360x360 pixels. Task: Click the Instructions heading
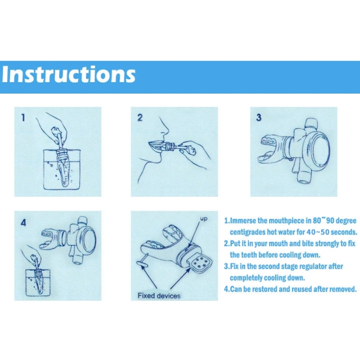point(69,74)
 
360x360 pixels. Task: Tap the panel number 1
point(23,118)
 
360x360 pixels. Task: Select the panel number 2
point(140,118)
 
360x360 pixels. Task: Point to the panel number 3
point(259,118)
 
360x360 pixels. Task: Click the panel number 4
point(24,222)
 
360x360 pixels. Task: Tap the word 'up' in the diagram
point(204,219)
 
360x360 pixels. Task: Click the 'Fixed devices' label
point(159,296)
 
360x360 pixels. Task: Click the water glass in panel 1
point(62,169)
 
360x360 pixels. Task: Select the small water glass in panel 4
point(37,283)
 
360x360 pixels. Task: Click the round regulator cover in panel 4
point(87,240)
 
